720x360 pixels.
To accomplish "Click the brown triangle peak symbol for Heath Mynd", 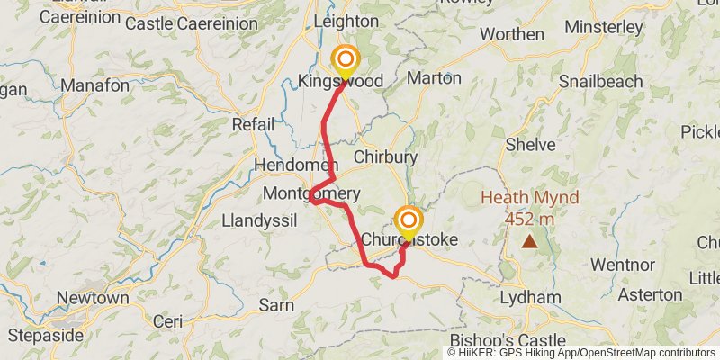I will click(x=530, y=241).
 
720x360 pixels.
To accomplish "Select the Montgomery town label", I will click(x=311, y=193).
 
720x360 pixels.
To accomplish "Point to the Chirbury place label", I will click(x=385, y=157).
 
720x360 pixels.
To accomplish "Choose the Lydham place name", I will click(x=530, y=297).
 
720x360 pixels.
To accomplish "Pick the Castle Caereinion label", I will click(x=181, y=24).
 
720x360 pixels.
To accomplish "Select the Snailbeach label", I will click(x=600, y=82).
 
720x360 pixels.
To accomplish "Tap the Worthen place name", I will click(x=512, y=34).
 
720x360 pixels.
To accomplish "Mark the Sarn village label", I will click(x=276, y=305).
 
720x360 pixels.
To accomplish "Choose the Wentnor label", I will click(x=622, y=265).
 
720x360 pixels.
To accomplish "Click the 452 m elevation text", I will click(x=529, y=219).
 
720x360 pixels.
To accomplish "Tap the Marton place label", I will click(x=434, y=77).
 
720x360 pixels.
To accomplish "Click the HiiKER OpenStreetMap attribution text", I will click(x=580, y=353).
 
